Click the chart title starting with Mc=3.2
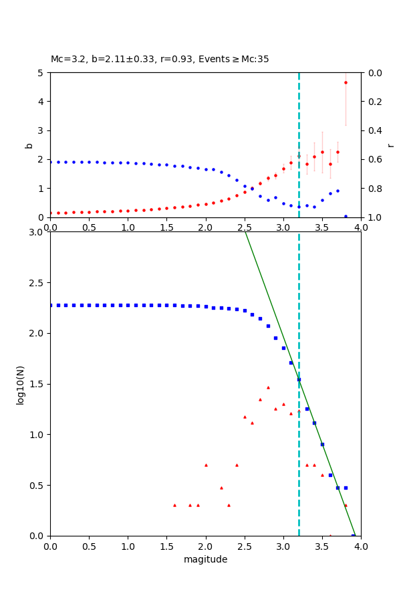pyautogui.click(x=160, y=59)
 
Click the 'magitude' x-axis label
pyautogui.click(x=205, y=559)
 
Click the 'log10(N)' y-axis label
pyautogui.click(x=21, y=384)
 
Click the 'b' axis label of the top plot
pyautogui.click(x=29, y=144)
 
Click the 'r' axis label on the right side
pyautogui.click(x=390, y=144)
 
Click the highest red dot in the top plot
pyautogui.click(x=346, y=83)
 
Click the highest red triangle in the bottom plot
pyautogui.click(x=268, y=387)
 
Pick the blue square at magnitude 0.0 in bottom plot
pyautogui.click(x=51, y=305)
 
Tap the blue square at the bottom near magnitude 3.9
pyautogui.click(x=354, y=535)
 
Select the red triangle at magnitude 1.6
pyautogui.click(x=174, y=505)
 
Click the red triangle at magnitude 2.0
pyautogui.click(x=206, y=465)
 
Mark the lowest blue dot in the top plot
pyautogui.click(x=346, y=216)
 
